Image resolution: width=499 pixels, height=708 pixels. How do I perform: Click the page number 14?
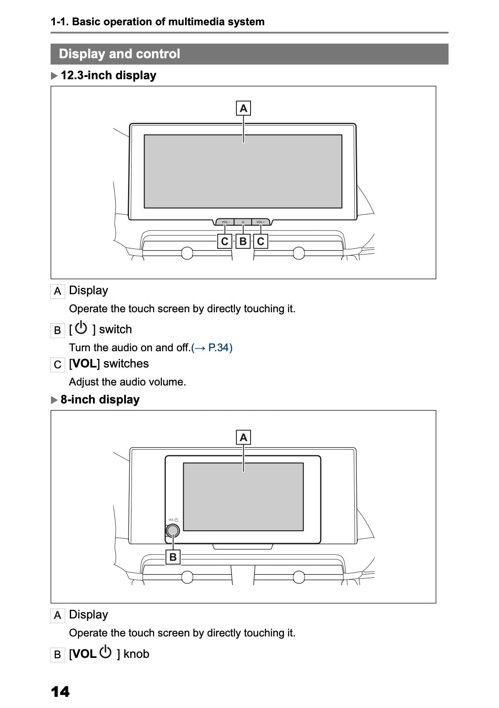click(60, 691)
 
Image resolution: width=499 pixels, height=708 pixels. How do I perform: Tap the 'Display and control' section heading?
click(120, 54)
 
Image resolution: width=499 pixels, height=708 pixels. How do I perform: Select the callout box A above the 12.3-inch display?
click(243, 108)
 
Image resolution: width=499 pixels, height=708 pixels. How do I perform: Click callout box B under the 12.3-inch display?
click(243, 241)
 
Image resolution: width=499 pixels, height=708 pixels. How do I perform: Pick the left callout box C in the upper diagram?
click(224, 241)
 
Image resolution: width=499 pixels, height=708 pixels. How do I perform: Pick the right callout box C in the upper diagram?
click(260, 241)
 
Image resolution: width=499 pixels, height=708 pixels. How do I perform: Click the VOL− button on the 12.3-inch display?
click(225, 222)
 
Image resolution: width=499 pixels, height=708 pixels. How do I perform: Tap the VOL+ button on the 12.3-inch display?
click(260, 222)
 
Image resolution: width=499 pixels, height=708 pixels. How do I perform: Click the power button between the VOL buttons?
click(243, 222)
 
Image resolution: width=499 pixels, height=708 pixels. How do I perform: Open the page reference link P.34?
click(212, 348)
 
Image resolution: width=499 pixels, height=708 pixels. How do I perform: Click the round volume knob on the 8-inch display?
click(173, 531)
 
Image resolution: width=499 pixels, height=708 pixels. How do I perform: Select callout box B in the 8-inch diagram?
click(173, 557)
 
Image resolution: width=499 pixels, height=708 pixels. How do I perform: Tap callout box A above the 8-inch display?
click(243, 437)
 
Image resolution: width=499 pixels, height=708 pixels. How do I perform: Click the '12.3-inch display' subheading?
click(108, 75)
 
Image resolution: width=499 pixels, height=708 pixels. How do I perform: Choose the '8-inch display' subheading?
click(100, 400)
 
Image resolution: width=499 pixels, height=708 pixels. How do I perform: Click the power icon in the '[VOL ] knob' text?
click(105, 652)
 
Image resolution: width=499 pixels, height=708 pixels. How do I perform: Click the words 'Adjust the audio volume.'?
click(127, 382)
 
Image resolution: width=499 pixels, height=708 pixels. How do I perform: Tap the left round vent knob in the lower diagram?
click(187, 577)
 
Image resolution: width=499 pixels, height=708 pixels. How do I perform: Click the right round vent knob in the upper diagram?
click(299, 253)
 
